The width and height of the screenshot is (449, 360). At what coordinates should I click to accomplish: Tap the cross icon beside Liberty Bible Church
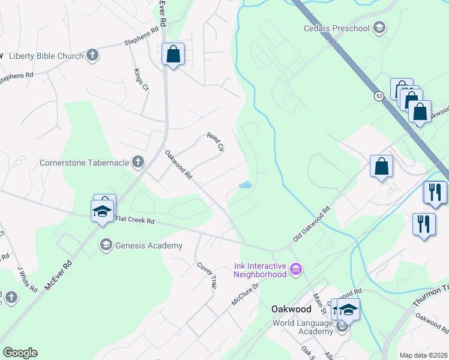(92, 56)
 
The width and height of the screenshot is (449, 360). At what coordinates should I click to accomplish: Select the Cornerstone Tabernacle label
(83, 162)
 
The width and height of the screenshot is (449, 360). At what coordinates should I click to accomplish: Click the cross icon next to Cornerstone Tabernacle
(138, 161)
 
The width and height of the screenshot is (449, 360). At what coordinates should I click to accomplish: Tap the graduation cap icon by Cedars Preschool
(379, 28)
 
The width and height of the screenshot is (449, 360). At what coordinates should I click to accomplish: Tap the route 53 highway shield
(378, 95)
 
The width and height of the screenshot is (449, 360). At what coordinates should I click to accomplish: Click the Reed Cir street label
(215, 142)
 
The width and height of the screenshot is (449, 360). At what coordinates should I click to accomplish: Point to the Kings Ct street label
(141, 79)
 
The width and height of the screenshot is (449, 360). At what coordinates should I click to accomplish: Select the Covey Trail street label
(205, 276)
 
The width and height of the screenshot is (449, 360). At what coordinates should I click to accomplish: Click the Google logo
(20, 353)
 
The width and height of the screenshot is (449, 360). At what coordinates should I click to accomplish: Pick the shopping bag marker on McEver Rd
(173, 55)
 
